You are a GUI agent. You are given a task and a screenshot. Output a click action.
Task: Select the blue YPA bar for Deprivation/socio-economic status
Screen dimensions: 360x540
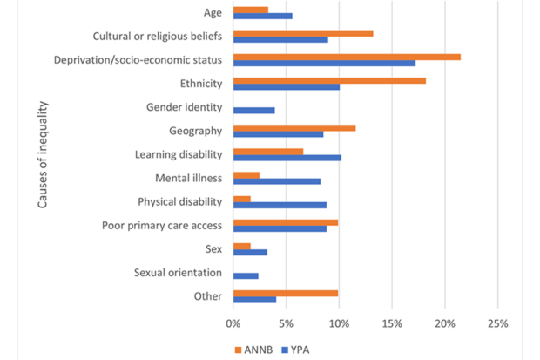324,64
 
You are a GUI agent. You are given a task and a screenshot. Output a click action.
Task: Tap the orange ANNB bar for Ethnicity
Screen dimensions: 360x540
329,80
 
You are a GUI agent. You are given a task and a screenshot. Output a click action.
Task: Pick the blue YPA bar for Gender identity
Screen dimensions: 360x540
254,110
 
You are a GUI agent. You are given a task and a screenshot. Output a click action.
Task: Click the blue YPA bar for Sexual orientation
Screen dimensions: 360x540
246,275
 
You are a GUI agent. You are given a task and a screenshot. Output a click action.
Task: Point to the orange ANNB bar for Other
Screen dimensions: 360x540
286,293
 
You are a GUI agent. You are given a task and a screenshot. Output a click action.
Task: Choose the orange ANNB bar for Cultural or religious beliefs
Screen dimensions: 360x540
303,33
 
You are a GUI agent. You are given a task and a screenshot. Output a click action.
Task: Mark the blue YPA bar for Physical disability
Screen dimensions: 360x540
280,205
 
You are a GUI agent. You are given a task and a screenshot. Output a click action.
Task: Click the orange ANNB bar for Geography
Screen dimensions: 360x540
294,127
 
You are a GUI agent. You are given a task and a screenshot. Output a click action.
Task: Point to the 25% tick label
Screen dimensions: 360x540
497,323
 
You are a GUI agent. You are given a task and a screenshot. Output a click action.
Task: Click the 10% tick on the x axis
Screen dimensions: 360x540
340,323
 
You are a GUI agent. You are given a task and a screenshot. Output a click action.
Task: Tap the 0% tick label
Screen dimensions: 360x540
233,323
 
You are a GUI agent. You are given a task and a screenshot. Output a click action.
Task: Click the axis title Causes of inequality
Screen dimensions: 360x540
43,154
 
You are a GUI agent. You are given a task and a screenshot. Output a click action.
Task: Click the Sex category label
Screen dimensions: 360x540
213,249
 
